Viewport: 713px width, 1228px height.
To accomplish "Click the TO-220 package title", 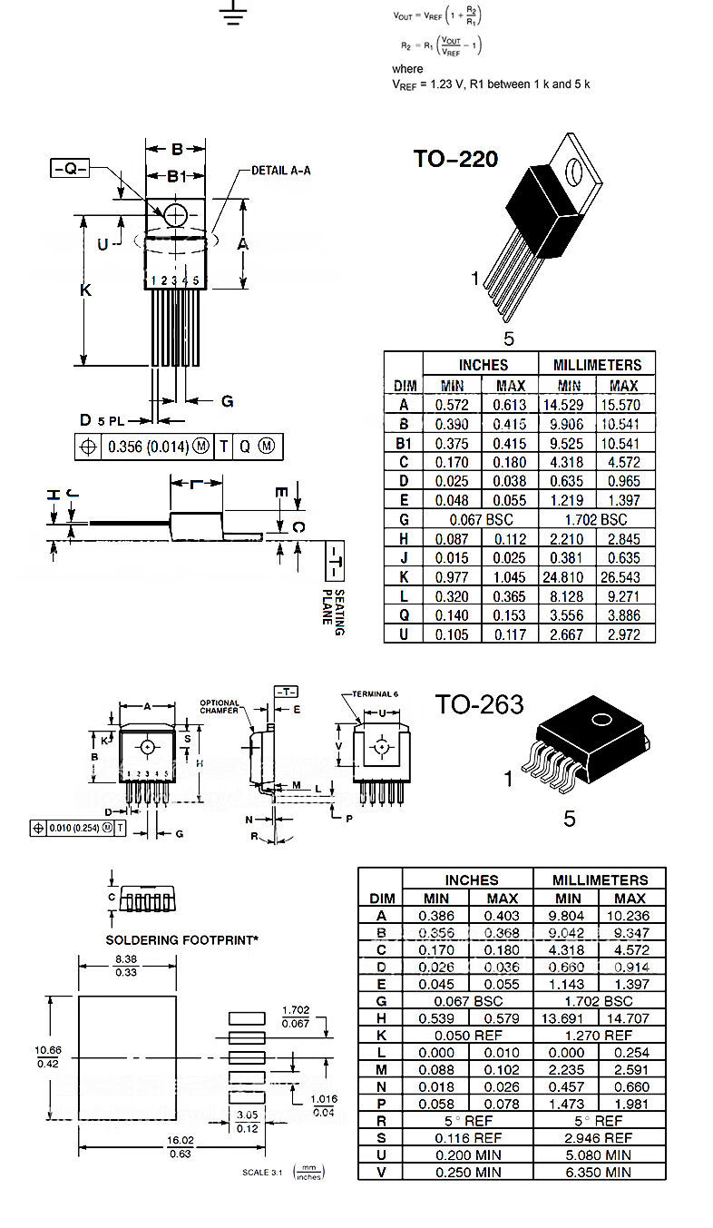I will pyautogui.click(x=455, y=159).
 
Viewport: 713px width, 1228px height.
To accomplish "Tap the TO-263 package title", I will pyautogui.click(x=478, y=704).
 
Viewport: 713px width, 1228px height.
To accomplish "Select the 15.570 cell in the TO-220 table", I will pyautogui.click(x=624, y=406).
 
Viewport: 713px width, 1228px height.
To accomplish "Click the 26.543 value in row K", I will pyautogui.click(x=624, y=577).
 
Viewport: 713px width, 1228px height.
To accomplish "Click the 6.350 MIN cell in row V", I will pyautogui.click(x=599, y=1172).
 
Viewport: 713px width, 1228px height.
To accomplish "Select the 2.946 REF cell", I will pyautogui.click(x=599, y=1137).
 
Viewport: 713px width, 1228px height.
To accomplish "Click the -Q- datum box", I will pyautogui.click(x=69, y=169).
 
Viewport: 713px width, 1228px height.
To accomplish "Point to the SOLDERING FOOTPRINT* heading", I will pyautogui.click(x=182, y=940).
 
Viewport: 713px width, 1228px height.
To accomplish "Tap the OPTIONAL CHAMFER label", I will pyautogui.click(x=220, y=706).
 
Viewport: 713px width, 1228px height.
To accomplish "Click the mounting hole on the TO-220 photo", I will pyautogui.click(x=572, y=169).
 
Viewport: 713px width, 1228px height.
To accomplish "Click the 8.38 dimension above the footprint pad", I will pyautogui.click(x=127, y=965).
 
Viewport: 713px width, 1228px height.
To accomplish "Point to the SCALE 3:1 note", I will pyautogui.click(x=262, y=1172).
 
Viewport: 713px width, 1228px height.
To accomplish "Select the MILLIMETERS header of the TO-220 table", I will pyautogui.click(x=596, y=365).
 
